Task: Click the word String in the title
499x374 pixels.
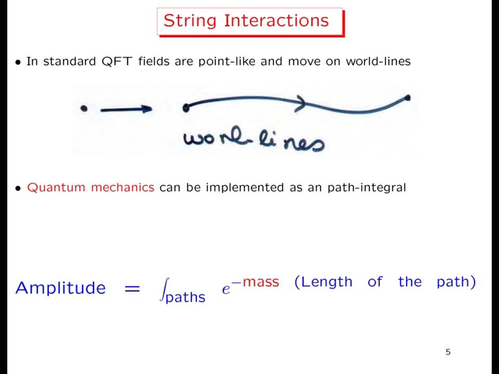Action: point(190,21)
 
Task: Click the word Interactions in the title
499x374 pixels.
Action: point(276,20)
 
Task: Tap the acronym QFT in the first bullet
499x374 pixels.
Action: point(116,61)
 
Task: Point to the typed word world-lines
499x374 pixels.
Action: point(378,61)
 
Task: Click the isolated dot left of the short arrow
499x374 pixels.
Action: point(84,109)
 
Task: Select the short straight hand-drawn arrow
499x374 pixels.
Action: point(126,110)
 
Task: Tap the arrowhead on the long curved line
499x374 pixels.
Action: point(300,103)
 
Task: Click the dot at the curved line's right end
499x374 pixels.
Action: point(407,98)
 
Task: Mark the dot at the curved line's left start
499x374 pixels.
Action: point(186,108)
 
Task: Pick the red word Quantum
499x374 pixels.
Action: point(56,188)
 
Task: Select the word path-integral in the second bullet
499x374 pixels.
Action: point(366,188)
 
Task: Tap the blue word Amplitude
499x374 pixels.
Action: point(60,288)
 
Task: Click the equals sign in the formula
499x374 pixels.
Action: point(132,289)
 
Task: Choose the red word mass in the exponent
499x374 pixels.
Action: point(260,282)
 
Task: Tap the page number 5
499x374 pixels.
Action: point(448,352)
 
